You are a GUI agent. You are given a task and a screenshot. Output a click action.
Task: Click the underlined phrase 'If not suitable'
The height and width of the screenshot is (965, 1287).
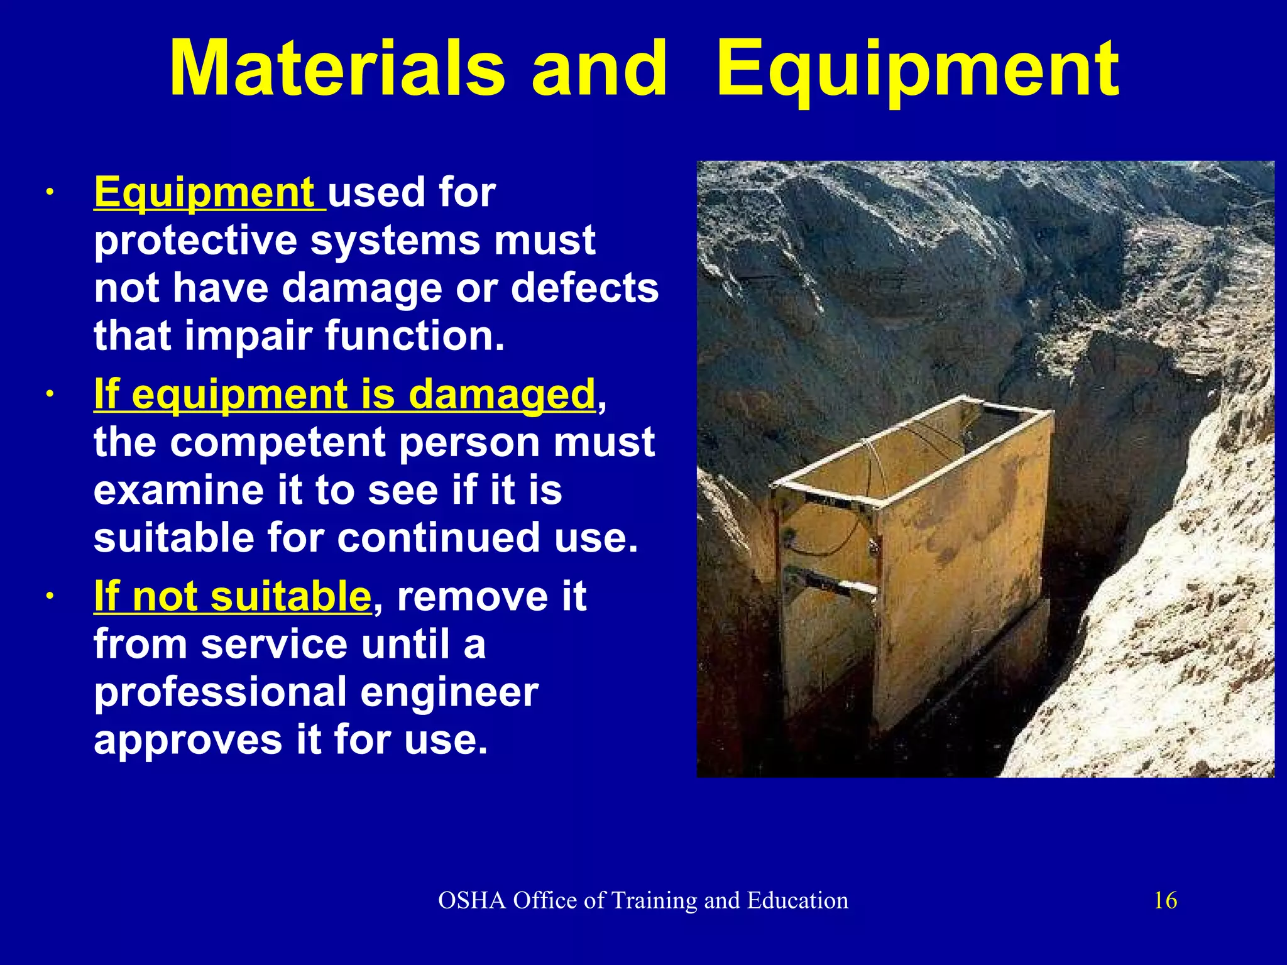pos(233,596)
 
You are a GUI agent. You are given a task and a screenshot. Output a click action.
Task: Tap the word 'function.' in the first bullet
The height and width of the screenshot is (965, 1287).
pos(415,335)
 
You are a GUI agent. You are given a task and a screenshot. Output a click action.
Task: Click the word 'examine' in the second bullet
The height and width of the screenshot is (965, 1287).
pos(178,490)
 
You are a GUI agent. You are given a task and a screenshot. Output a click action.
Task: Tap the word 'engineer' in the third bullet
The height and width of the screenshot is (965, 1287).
pos(449,692)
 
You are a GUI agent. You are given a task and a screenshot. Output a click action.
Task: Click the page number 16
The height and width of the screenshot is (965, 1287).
pos(1165,900)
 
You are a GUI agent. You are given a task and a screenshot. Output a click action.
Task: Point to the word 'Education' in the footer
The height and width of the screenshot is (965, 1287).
pos(797,900)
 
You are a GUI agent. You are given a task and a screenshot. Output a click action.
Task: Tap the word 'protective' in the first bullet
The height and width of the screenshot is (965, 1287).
pos(195,240)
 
